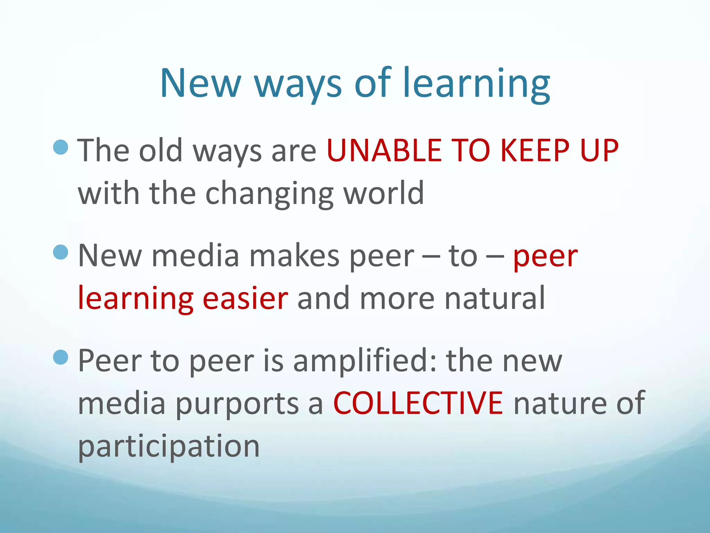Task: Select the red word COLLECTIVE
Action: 418,403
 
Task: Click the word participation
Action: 169,447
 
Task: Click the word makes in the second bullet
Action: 294,256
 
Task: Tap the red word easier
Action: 245,298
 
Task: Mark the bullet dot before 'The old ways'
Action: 61,147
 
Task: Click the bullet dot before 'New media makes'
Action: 61,252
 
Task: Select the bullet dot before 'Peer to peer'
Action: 61,357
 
